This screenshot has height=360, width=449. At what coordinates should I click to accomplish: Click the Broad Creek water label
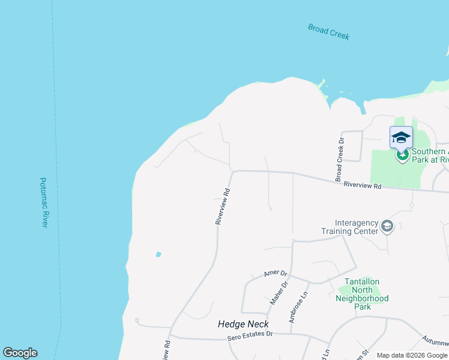(328, 31)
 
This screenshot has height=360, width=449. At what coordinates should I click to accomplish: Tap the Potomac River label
(43, 202)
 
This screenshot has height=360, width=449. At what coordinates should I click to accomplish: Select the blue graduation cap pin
(401, 138)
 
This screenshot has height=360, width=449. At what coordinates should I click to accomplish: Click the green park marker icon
(402, 155)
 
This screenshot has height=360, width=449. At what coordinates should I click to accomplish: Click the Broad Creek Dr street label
(339, 160)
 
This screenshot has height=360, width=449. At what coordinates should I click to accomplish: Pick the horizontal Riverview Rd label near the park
(363, 186)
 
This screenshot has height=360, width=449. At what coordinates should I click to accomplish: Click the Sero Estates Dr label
(250, 338)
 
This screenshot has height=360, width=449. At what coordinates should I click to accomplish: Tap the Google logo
(20, 353)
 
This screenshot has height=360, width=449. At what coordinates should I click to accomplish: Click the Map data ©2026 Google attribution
(412, 355)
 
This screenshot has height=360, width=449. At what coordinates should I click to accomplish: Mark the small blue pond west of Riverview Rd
(158, 254)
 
